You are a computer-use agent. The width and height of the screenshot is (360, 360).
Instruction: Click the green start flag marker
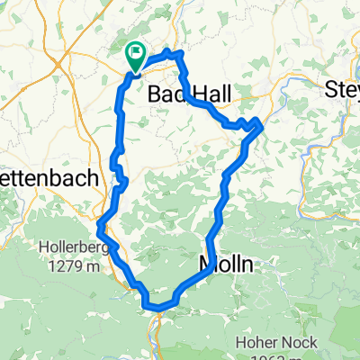(x=135, y=56)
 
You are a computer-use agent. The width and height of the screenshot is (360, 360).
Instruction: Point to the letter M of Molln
(x=206, y=265)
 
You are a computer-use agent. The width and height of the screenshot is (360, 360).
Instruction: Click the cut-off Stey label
(x=343, y=89)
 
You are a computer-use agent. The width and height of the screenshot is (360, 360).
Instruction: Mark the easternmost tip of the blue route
(x=261, y=123)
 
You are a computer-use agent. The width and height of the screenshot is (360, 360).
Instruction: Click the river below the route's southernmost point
(x=158, y=328)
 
